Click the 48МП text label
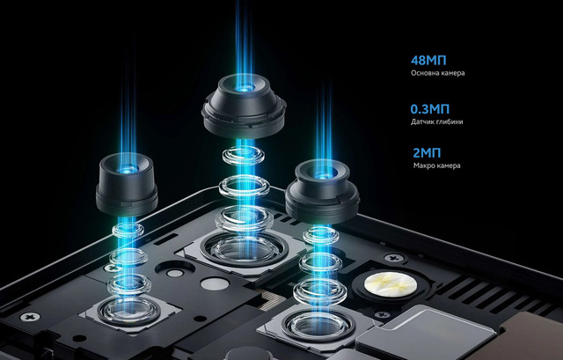428,61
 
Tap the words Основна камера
438,73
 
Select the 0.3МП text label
430,109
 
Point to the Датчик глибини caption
437,121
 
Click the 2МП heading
427,153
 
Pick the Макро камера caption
436,165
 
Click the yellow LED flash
391,283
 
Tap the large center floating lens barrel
244,107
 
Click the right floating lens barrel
323,192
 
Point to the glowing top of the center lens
245,86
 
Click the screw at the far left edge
30,317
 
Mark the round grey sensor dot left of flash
215,283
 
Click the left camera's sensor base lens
128,311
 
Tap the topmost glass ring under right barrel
321,235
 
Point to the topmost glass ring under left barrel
128,231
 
